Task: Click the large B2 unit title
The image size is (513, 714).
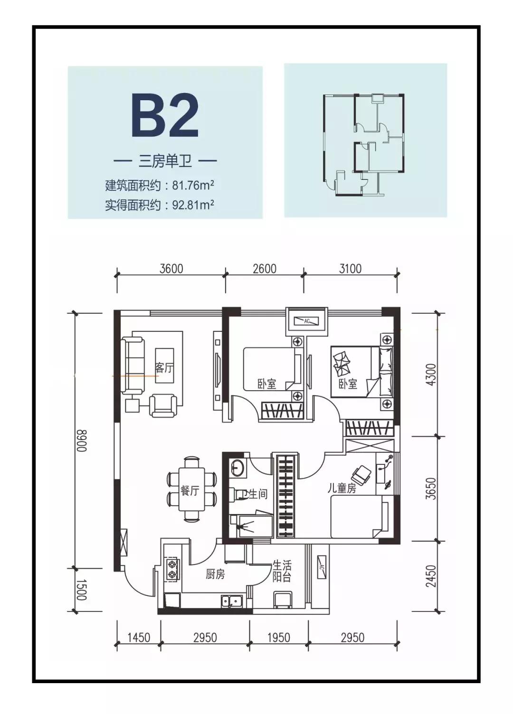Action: (x=165, y=115)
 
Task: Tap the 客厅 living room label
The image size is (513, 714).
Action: (x=164, y=367)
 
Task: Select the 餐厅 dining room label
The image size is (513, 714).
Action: (x=190, y=490)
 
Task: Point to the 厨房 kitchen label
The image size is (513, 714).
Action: (x=215, y=574)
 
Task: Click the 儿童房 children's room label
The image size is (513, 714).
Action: (x=342, y=488)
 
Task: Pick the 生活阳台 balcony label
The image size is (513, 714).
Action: (x=282, y=571)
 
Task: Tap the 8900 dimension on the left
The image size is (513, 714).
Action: (x=81, y=440)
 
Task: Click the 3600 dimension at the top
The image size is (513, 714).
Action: (x=171, y=269)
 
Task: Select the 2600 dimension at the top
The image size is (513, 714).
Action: (x=265, y=269)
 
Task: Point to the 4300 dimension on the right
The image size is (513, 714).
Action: (x=430, y=375)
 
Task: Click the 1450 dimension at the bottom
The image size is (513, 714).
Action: (x=139, y=637)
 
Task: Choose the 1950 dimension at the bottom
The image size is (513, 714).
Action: (x=278, y=637)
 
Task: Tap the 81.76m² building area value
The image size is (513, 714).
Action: (x=190, y=185)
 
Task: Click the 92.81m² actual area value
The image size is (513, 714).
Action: (x=190, y=205)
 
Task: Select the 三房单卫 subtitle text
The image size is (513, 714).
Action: (x=165, y=161)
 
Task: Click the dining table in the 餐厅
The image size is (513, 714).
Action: (x=192, y=489)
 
